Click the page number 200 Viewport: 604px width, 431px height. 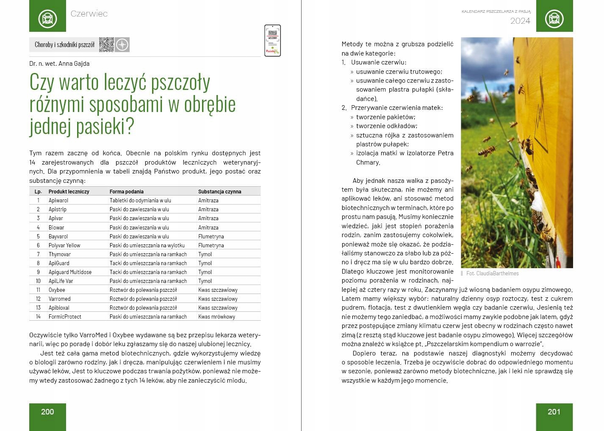click(47, 411)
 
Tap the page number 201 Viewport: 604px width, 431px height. click(554, 411)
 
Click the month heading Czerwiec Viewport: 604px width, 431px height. click(89, 14)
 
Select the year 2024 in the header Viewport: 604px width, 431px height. click(520, 21)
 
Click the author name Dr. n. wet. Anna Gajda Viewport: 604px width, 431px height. click(59, 64)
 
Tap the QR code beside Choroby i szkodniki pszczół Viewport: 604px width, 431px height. click(106, 45)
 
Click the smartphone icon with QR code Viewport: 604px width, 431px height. click(272, 41)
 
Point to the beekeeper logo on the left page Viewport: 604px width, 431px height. click(47, 19)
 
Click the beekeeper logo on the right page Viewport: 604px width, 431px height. click(554, 19)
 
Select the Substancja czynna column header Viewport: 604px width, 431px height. click(219, 192)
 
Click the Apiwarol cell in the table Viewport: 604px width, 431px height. click(58, 200)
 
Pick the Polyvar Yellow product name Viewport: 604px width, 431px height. click(64, 245)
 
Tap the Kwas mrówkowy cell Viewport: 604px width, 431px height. click(216, 316)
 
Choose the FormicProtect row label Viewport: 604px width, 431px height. click(65, 316)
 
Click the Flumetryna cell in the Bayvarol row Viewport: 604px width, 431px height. click(211, 236)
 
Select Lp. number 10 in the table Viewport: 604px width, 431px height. click(38, 281)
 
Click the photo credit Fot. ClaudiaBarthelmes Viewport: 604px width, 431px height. click(492, 274)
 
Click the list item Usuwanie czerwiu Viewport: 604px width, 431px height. click(379, 62)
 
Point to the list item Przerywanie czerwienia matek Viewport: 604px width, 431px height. click(396, 108)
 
